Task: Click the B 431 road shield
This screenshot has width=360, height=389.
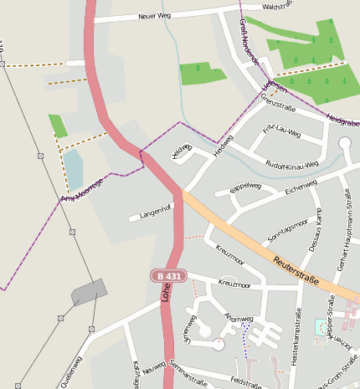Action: [x=167, y=275]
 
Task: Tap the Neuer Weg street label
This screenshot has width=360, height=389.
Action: [x=154, y=16]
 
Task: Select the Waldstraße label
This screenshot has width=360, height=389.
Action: [x=280, y=6]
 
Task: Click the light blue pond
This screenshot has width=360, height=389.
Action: [x=74, y=170]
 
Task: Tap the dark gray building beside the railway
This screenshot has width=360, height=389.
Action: [x=90, y=291]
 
